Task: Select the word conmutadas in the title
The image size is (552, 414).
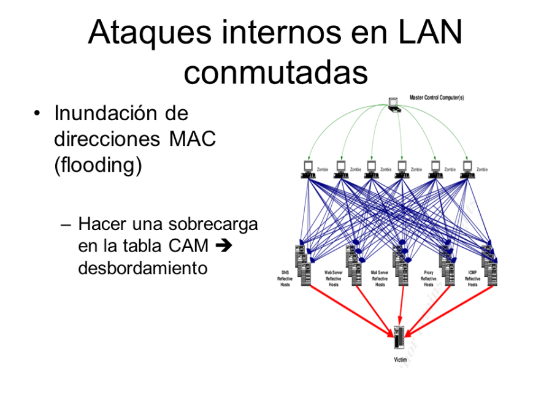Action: pyautogui.click(x=275, y=72)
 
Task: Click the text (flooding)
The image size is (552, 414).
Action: pyautogui.click(x=98, y=166)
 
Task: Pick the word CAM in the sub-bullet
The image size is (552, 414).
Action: pyautogui.click(x=188, y=246)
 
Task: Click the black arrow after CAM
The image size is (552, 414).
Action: pyautogui.click(x=223, y=246)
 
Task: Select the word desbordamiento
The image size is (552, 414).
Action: pyautogui.click(x=143, y=268)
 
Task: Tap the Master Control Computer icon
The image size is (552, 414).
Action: pyautogui.click(x=394, y=104)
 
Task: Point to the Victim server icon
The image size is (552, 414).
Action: pyautogui.click(x=399, y=338)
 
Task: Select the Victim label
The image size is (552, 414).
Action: pyautogui.click(x=400, y=360)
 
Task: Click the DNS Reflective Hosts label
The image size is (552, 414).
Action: pyautogui.click(x=285, y=278)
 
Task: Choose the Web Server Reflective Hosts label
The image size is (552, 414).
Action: pyautogui.click(x=333, y=278)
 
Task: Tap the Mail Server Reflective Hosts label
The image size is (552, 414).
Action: pyautogui.click(x=380, y=278)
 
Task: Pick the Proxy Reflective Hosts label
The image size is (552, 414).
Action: pyautogui.click(x=429, y=278)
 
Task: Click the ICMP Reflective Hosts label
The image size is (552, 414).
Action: pyautogui.click(x=472, y=278)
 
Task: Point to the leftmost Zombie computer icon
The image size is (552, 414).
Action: pyautogui.click(x=308, y=169)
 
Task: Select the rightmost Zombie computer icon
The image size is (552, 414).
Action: pyautogui.click(x=467, y=169)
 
